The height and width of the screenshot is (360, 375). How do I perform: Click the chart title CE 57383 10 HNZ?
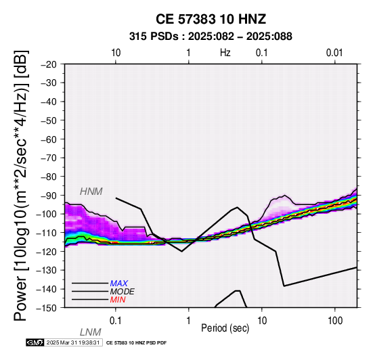[x=211, y=19]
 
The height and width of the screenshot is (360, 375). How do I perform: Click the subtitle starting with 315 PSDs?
[x=211, y=37]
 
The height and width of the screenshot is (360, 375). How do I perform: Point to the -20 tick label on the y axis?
[x=49, y=64]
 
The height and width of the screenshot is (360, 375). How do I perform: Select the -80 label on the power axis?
[x=49, y=177]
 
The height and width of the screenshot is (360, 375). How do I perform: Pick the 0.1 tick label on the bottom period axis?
[x=116, y=321]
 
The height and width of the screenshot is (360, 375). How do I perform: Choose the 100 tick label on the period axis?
[x=335, y=321]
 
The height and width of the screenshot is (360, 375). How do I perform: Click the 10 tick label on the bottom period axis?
[x=262, y=321]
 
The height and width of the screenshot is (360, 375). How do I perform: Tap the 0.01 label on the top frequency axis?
[x=334, y=53]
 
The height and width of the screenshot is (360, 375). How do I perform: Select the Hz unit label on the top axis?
[x=225, y=53]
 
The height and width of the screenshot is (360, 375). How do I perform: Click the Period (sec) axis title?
[x=225, y=328]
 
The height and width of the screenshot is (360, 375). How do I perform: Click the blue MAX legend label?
[x=119, y=284]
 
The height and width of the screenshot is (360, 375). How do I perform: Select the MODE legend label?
[x=123, y=292]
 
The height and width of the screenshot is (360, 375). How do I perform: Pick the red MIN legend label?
[x=118, y=300]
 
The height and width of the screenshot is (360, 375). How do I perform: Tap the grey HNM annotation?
[x=91, y=192]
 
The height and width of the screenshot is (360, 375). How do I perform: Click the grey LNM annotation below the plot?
[x=91, y=332]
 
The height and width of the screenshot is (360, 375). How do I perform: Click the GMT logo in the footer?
[x=35, y=343]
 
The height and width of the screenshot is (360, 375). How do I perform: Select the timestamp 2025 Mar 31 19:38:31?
[x=73, y=343]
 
